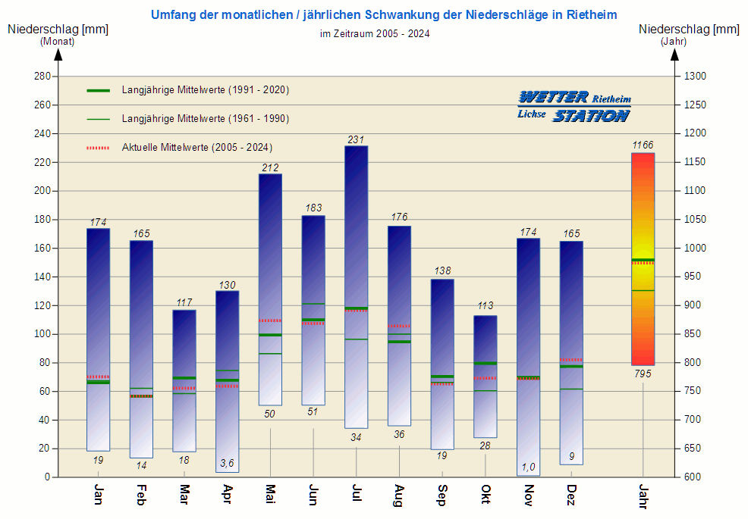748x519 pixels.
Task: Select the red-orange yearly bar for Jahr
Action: pos(643,259)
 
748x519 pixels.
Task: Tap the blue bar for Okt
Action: pos(486,377)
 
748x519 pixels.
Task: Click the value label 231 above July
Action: pos(356,139)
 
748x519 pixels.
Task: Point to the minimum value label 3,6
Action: pos(227,463)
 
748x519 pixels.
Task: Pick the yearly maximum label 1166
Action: pos(643,145)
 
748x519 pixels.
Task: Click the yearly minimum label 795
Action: pos(643,374)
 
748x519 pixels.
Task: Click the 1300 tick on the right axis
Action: pos(695,77)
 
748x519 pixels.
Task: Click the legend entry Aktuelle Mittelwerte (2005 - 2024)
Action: pos(196,148)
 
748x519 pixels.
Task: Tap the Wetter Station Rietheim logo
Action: pos(574,106)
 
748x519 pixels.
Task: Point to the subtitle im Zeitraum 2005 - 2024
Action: pos(375,33)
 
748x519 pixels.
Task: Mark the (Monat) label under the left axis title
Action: pos(58,42)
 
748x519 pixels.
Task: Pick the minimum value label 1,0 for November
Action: pos(528,467)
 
